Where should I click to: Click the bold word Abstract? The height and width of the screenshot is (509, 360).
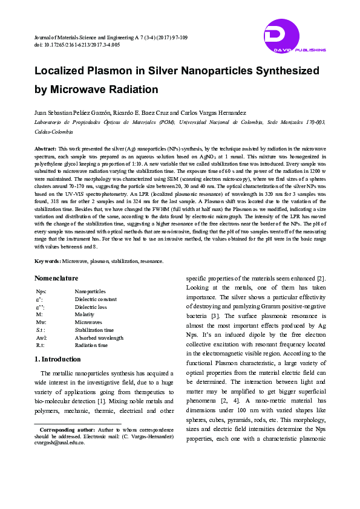point(45,148)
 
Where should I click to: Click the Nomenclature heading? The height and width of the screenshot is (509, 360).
point(56,278)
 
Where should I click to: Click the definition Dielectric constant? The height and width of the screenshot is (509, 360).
point(95,299)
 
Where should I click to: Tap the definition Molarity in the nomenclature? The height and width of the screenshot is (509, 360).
point(84,315)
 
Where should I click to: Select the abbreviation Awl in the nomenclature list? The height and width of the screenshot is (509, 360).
point(41,338)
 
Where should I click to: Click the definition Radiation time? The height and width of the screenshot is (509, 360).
point(92,346)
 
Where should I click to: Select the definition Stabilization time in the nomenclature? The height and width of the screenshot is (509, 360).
point(94,330)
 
